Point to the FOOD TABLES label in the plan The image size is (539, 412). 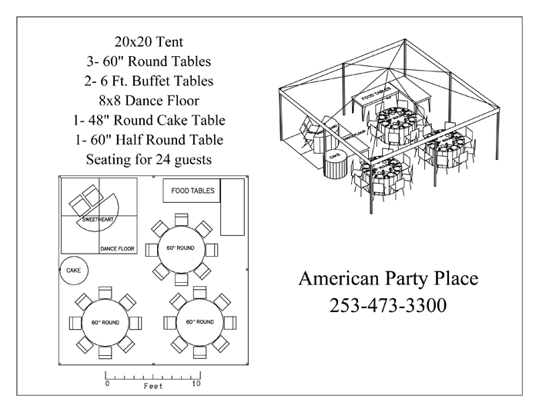(x=192, y=191)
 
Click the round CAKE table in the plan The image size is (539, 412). (x=74, y=270)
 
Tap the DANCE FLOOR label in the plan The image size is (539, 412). (x=118, y=248)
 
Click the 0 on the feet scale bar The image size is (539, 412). (x=107, y=383)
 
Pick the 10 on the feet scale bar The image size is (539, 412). (x=196, y=383)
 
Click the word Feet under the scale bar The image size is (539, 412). (x=152, y=387)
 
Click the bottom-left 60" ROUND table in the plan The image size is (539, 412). (x=105, y=323)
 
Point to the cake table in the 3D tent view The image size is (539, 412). (x=335, y=163)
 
